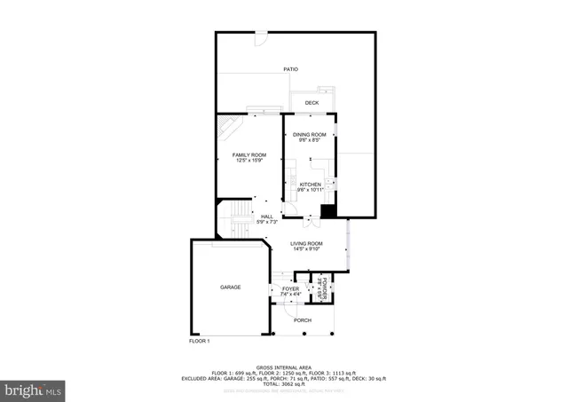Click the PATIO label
point(290,68)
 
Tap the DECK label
point(312,103)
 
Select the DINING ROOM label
point(310,134)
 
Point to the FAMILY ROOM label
point(248,154)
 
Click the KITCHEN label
point(309,185)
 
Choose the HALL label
point(267,216)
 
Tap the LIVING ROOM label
point(307,243)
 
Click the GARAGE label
point(231,288)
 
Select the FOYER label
point(290,289)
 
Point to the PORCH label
point(303,320)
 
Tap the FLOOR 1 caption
point(199,341)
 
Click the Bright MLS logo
point(34,388)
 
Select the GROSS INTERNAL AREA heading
point(283,367)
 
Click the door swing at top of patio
point(261,38)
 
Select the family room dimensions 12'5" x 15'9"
point(248,161)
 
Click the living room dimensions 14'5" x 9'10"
point(307,249)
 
